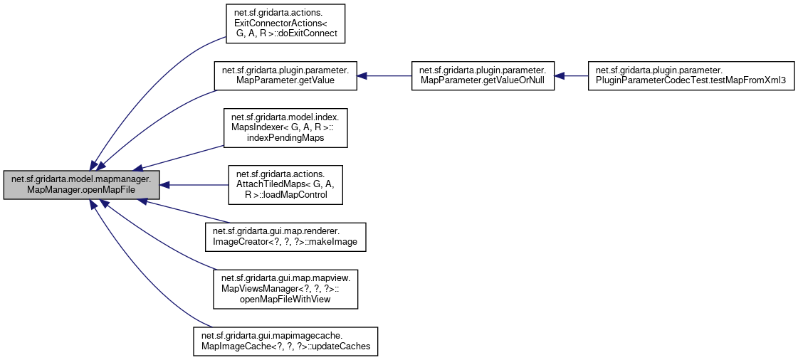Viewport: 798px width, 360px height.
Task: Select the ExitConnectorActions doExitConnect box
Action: click(x=285, y=23)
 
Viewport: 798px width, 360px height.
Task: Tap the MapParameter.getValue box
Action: click(x=285, y=75)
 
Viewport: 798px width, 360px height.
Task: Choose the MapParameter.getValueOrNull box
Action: click(x=482, y=75)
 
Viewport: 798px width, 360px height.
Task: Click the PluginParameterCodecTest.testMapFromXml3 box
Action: click(x=690, y=75)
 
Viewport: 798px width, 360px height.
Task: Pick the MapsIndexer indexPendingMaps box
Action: click(x=285, y=127)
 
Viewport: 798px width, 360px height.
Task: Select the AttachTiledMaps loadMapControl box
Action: click(x=285, y=185)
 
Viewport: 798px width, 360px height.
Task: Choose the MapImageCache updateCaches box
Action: click(x=285, y=342)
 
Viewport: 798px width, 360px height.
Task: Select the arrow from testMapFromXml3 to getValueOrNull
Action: click(x=569, y=75)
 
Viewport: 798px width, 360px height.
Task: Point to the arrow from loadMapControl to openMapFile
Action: click(x=192, y=185)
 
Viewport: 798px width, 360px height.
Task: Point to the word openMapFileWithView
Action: click(x=285, y=300)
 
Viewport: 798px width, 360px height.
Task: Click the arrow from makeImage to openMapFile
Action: click(x=185, y=213)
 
